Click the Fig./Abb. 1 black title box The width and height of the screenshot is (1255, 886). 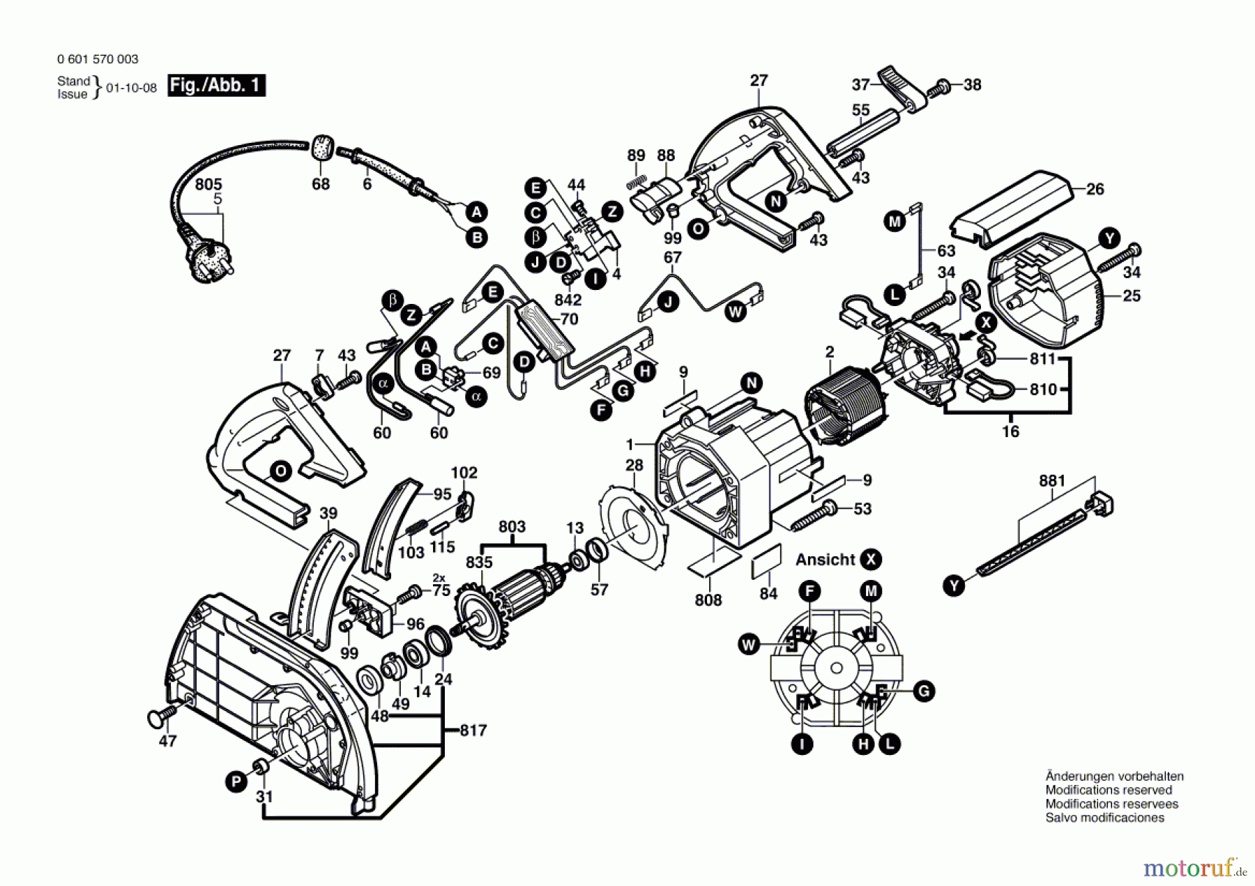pos(216,85)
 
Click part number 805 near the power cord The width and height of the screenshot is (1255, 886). pos(208,184)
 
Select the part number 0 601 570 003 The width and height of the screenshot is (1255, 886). pos(98,59)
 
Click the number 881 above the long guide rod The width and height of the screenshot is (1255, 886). pos(1052,480)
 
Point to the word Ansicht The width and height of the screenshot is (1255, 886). pos(825,559)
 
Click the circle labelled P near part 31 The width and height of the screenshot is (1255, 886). pos(236,782)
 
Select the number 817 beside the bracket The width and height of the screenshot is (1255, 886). pos(473,730)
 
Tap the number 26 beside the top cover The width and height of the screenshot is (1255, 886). pos(1095,189)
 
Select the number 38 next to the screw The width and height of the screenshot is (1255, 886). pos(972,84)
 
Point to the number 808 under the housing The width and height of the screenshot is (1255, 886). pos(708,599)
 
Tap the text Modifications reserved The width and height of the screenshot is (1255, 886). pos(1109,790)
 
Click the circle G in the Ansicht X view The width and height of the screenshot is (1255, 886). pos(923,691)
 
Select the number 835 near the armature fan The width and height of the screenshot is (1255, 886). pos(479,562)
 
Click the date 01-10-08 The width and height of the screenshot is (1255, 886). pos(131,88)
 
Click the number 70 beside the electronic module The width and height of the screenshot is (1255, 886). pos(569,319)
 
